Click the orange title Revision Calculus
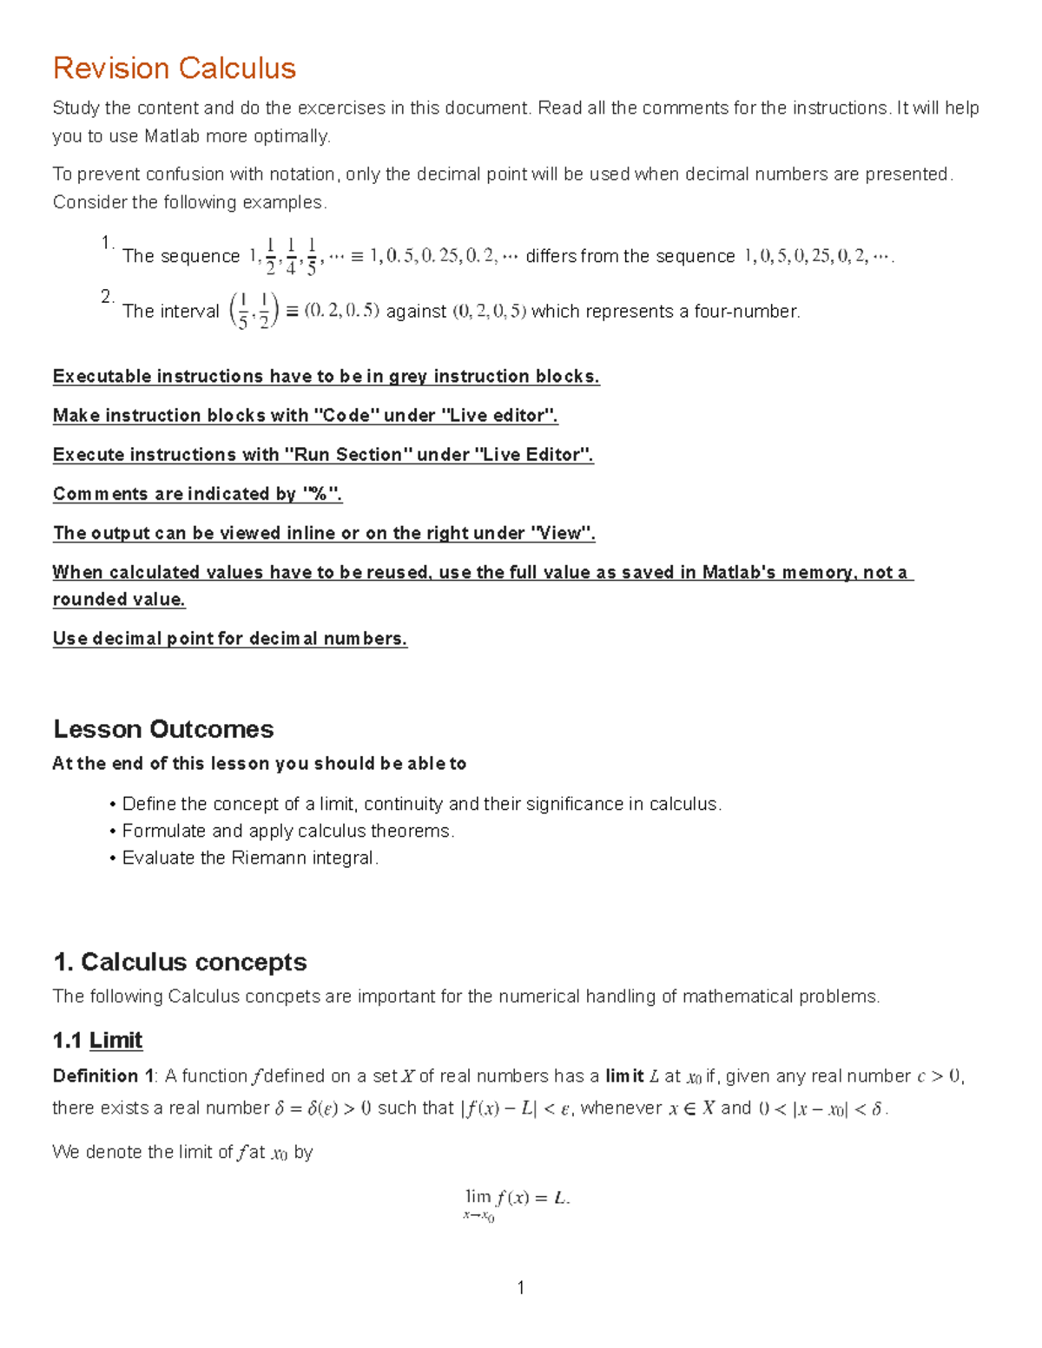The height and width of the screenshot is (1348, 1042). [x=175, y=68]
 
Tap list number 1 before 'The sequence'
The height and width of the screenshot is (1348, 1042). [x=107, y=243]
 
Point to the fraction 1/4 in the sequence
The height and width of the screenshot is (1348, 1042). [x=291, y=256]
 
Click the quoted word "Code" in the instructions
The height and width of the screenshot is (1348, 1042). [x=346, y=416]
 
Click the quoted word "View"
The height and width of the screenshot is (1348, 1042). [x=561, y=533]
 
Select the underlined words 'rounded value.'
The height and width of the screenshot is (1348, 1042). [x=119, y=600]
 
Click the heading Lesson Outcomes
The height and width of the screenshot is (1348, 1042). [x=163, y=728]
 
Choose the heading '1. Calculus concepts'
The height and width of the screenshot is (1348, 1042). [x=180, y=962]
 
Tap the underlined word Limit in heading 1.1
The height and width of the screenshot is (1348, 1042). [x=115, y=1040]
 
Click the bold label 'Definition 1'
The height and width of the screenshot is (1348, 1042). [x=102, y=1076]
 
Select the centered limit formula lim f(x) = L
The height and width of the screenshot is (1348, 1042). [x=517, y=1202]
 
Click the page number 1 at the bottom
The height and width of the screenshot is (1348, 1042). [x=521, y=1287]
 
